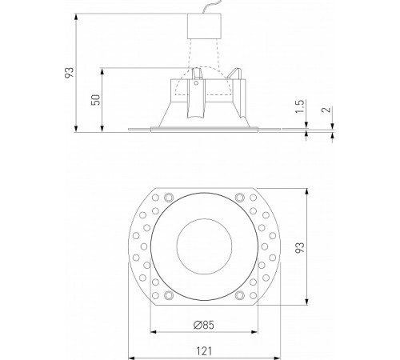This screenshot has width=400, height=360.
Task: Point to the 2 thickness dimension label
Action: pyautogui.click(x=325, y=111)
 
